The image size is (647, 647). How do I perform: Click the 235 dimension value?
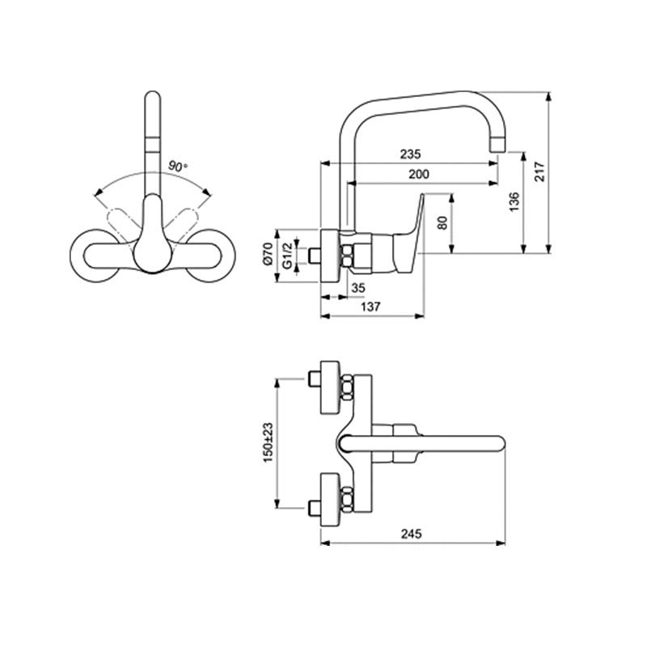pyautogui.click(x=411, y=154)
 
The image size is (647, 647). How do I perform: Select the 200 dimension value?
pyautogui.click(x=419, y=174)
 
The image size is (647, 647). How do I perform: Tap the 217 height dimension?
pyautogui.click(x=539, y=171)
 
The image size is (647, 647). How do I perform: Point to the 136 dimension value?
pyautogui.click(x=514, y=201)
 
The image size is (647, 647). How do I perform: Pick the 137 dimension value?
pyautogui.click(x=370, y=307)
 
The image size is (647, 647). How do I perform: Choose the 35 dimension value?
pyautogui.click(x=357, y=288)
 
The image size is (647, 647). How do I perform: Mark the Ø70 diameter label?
pyautogui.click(x=268, y=254)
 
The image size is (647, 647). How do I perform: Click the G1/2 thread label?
pyautogui.click(x=288, y=256)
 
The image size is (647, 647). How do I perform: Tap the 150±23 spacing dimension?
pyautogui.click(x=269, y=442)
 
